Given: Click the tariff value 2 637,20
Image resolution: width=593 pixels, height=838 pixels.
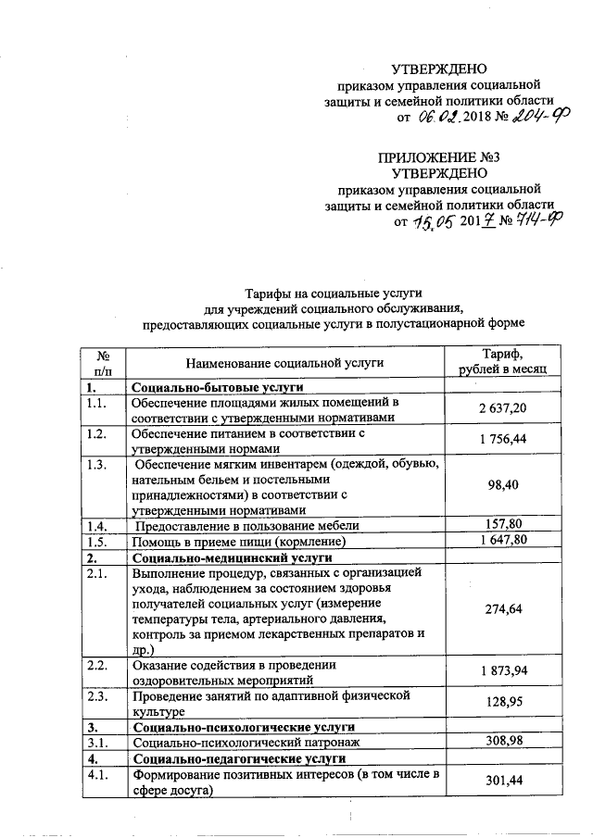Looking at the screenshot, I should (502, 409).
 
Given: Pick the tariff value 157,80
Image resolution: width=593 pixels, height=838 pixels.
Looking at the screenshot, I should (502, 525).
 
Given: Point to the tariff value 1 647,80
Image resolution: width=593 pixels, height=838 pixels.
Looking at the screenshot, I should (502, 541).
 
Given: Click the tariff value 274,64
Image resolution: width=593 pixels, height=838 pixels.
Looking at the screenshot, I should (502, 609).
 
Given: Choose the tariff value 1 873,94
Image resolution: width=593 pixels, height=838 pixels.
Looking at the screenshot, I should (502, 669).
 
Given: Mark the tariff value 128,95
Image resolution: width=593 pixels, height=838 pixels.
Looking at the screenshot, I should (502, 703).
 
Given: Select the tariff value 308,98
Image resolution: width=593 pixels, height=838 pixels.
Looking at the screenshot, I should (502, 742).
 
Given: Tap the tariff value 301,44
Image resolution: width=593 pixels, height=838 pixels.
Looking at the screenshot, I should (502, 782).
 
